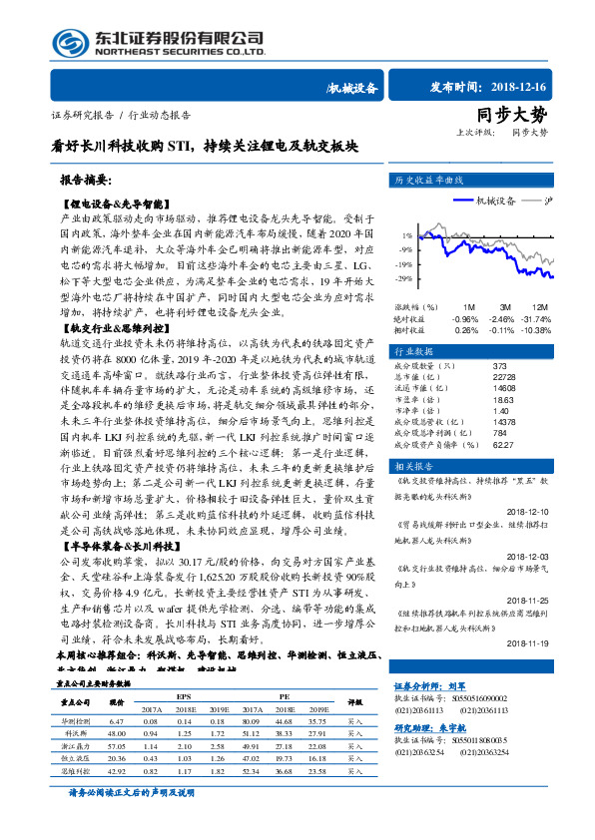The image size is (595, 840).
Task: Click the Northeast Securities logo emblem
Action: pyautogui.click(x=71, y=43)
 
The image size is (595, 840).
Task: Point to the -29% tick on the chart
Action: pyautogui.click(x=403, y=278)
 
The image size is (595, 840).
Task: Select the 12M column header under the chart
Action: pyautogui.click(x=539, y=306)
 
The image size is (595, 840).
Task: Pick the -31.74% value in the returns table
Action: pyautogui.click(x=537, y=318)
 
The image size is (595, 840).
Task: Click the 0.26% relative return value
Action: pyautogui.click(x=466, y=329)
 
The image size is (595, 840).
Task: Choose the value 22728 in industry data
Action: pyautogui.click(x=503, y=377)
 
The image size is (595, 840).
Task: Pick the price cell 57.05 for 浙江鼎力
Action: pyautogui.click(x=116, y=745)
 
